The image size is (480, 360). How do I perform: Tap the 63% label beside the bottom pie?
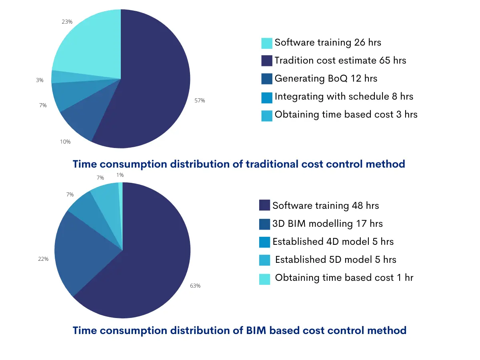[195, 286]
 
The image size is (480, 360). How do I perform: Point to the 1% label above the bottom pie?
[120, 175]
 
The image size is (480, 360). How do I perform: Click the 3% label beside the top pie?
[40, 80]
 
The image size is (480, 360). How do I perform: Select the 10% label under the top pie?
[66, 142]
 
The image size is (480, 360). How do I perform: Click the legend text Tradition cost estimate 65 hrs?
[340, 61]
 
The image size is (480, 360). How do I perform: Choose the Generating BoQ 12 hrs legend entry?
[326, 79]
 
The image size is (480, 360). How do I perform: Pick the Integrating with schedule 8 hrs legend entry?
[344, 97]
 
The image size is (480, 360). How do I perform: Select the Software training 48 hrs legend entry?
[325, 206]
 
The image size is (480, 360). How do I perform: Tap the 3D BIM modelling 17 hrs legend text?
[327, 224]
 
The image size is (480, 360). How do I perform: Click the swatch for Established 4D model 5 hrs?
[264, 242]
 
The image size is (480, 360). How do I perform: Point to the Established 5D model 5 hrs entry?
[335, 260]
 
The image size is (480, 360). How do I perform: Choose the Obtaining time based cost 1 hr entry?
[344, 278]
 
